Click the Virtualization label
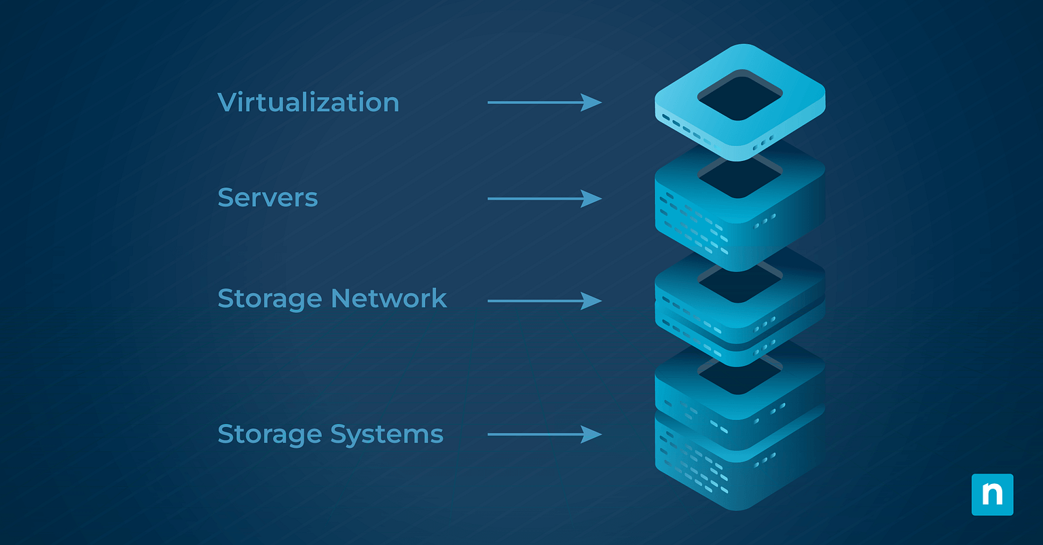click(x=308, y=102)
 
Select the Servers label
click(x=268, y=198)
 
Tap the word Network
click(x=389, y=299)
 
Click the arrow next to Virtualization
click(x=543, y=102)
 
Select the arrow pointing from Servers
click(x=543, y=199)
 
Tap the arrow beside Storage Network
click(x=543, y=301)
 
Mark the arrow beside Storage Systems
click(x=543, y=434)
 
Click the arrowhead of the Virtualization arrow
click(x=591, y=102)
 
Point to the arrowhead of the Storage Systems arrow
click(x=591, y=434)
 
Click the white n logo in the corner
click(x=992, y=495)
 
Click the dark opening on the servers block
click(x=739, y=178)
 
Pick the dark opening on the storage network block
click(x=739, y=284)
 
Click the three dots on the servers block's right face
click(x=765, y=221)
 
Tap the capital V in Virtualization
click(x=229, y=102)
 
